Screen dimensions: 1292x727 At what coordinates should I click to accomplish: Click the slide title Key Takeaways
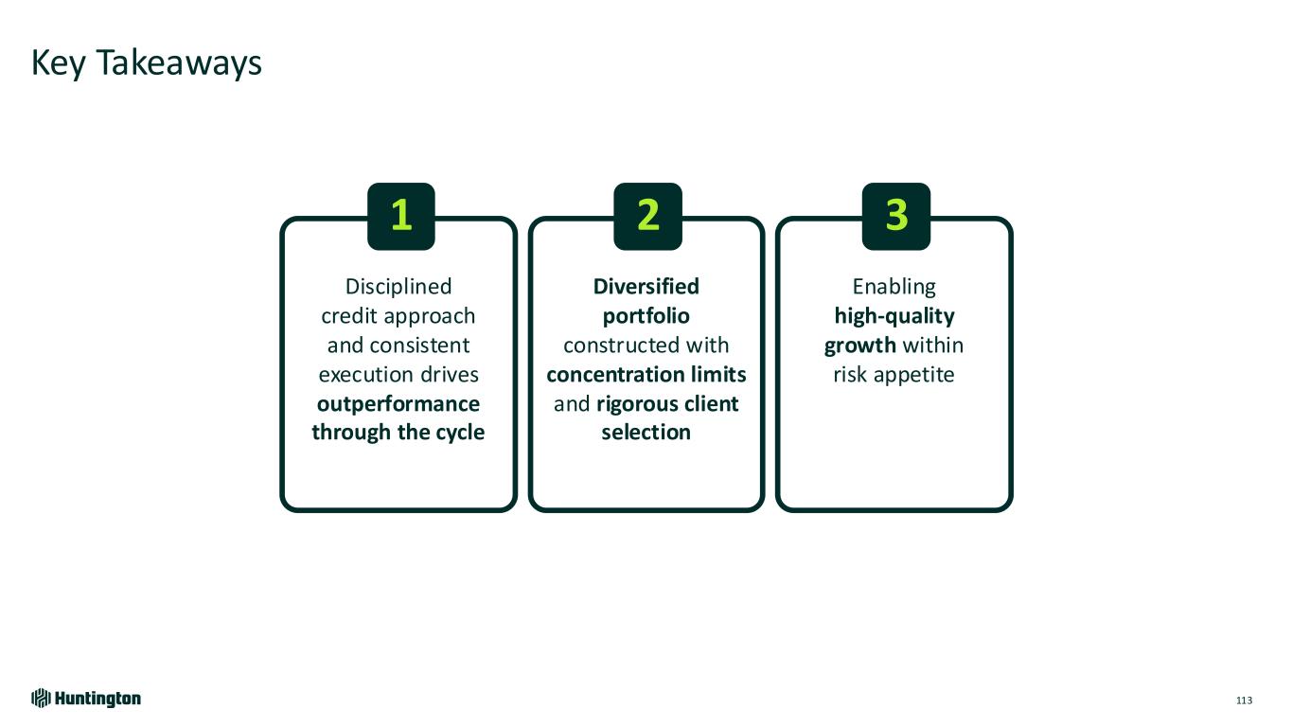147,63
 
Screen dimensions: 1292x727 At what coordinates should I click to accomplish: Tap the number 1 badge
401,217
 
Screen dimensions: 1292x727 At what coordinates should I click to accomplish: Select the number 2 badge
647,217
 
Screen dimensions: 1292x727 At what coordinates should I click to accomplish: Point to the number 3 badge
896,217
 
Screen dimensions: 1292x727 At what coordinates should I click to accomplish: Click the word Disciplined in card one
398,286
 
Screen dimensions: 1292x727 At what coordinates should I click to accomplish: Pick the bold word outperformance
398,404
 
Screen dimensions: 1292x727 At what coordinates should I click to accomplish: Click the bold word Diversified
646,286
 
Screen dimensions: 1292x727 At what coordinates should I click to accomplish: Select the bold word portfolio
646,316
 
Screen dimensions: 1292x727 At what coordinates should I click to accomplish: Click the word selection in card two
646,433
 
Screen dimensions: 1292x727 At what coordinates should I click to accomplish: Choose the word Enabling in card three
894,287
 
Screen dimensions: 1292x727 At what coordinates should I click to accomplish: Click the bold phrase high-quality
894,316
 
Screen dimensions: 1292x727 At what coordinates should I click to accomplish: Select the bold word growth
860,346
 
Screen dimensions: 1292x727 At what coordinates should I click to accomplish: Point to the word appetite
913,375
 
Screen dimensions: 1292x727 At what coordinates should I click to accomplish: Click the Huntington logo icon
41,699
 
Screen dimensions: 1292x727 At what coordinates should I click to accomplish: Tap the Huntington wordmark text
97,699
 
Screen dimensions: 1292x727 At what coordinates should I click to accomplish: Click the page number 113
1244,700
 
